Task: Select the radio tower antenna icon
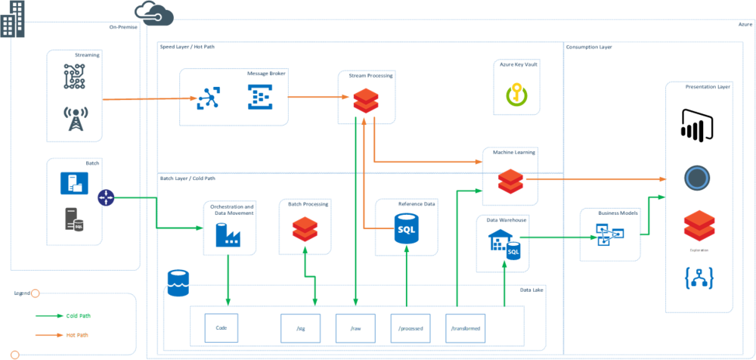click(76, 118)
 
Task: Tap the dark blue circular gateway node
click(106, 198)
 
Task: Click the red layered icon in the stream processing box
click(366, 101)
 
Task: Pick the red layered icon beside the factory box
click(305, 228)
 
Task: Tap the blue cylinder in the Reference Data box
click(407, 228)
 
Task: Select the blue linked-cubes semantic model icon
click(605, 234)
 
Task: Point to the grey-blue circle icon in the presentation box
click(696, 178)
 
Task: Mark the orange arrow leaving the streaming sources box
click(144, 99)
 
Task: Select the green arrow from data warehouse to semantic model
click(552, 237)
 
